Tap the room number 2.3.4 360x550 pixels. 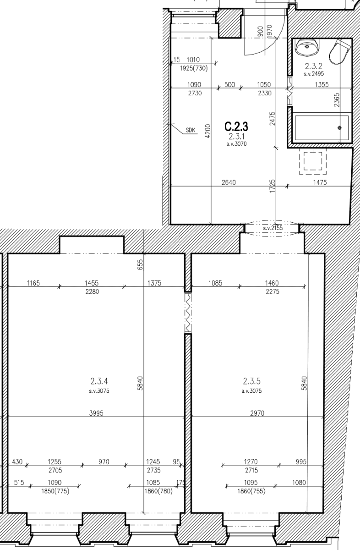click(x=99, y=380)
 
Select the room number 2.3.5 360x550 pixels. click(x=251, y=380)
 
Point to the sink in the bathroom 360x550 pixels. click(x=305, y=46)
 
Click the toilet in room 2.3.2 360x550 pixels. click(x=341, y=50)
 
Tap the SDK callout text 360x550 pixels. click(x=191, y=130)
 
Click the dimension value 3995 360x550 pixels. click(x=96, y=413)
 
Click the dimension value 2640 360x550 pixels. click(x=229, y=182)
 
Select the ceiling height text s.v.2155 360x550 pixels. click(x=273, y=228)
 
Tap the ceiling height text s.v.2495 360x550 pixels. click(x=314, y=73)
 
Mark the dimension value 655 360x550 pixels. click(x=141, y=265)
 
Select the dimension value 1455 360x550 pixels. click(x=92, y=284)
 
